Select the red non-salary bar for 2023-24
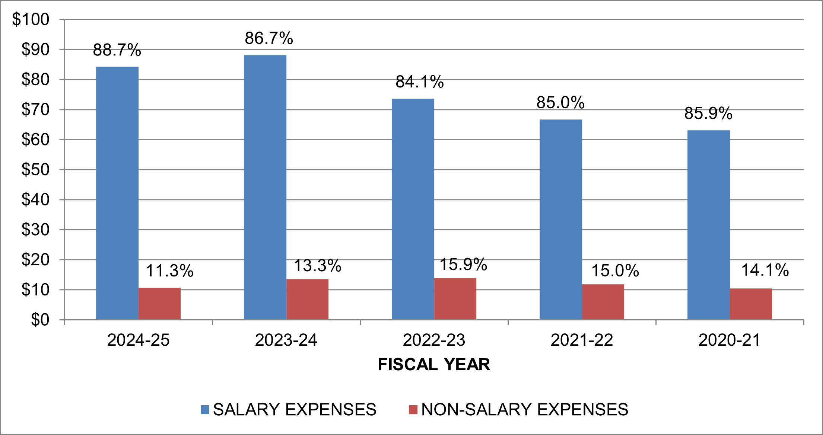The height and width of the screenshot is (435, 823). point(307,299)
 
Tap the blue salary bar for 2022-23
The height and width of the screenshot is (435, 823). point(413,209)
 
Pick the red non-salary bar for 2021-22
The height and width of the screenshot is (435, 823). point(603,302)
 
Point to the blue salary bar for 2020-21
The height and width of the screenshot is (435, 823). point(708,225)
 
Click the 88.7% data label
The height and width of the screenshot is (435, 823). point(117,50)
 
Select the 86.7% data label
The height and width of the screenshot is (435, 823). point(269,38)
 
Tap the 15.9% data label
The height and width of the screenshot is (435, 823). point(463,265)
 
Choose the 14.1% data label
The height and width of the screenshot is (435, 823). point(765,270)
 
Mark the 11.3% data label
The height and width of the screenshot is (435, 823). point(169,271)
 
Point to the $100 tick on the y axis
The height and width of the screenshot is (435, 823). point(31,19)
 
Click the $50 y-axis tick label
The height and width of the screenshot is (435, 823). point(35,170)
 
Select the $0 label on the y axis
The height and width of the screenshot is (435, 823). point(40,320)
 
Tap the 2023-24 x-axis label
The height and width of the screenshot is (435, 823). point(286,340)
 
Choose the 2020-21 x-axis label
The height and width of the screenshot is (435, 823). point(730,340)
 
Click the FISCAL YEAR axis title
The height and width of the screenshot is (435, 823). point(434,365)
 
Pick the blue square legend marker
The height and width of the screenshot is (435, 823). point(205,410)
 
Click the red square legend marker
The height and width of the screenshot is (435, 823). point(413,410)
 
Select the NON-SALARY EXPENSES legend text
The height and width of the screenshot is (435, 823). point(525,410)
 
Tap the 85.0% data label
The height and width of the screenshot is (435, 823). point(560,103)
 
